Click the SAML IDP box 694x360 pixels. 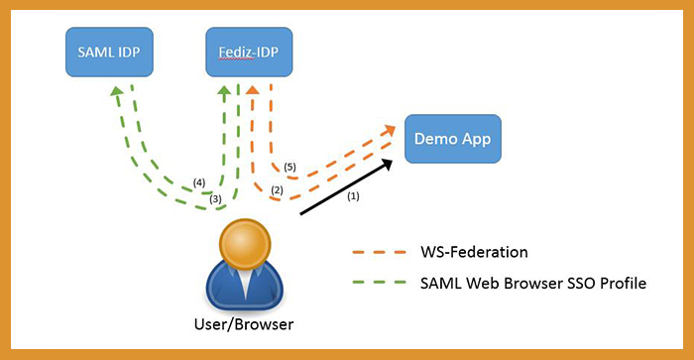pos(109,52)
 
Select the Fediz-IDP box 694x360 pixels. pos(249,52)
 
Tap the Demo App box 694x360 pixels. pos(453,139)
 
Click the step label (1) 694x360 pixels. pos(353,196)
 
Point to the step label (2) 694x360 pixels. pos(277,190)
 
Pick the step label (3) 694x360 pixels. pos(215,199)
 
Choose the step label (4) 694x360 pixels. pos(199,182)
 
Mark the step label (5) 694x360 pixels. pos(289,168)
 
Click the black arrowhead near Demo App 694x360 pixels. pos(387,164)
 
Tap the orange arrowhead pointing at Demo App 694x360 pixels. pos(390,130)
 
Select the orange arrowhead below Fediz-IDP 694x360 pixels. pos(252,90)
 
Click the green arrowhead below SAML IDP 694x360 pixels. pos(116,90)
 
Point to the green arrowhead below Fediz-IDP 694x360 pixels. pos(224,90)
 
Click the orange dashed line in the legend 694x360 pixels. pos(380,253)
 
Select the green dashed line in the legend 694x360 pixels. pos(380,282)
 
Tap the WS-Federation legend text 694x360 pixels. pos(474,252)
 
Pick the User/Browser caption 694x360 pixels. pos(244,324)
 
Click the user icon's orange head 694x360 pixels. pos(245,243)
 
